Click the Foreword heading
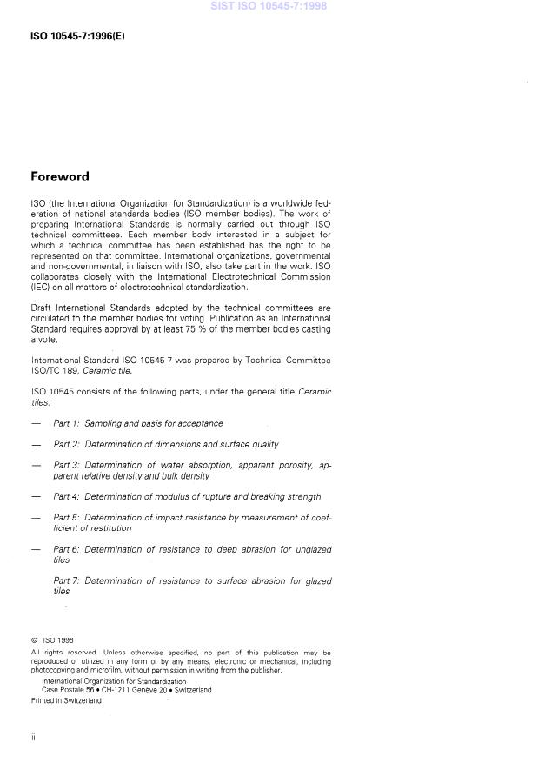60,176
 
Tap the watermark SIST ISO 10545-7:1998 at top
269,6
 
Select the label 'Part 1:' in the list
66,423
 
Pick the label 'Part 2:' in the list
66,444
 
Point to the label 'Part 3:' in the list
66,465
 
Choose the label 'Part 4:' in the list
66,497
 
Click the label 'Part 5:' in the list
66,517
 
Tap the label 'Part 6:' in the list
66,549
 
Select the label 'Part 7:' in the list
66,580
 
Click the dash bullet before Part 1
36,423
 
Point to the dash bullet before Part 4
36,497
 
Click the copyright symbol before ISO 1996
34,641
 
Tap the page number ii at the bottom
33,737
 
